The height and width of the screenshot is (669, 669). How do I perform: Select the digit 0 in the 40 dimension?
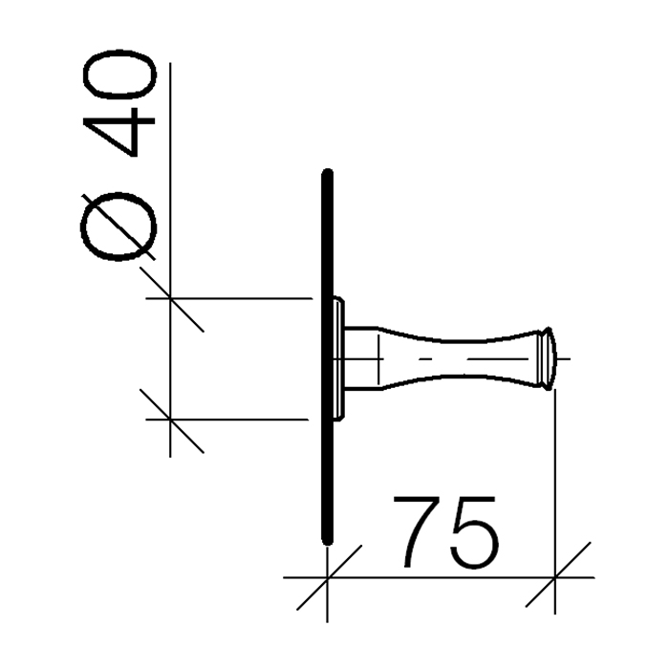pos(120,82)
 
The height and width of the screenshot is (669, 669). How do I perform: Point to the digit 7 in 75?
pos(421,530)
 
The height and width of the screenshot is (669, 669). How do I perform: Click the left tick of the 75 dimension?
pos(328,577)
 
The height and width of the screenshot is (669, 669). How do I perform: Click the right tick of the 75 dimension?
pos(555,577)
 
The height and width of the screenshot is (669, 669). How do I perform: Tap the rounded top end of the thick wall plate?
pos(328,176)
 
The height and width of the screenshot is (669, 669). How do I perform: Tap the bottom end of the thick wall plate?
pos(328,540)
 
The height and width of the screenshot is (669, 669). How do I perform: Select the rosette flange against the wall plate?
pos(337,358)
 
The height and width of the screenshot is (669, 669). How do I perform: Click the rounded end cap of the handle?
pos(547,358)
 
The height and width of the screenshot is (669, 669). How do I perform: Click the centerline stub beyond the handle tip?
pos(564,358)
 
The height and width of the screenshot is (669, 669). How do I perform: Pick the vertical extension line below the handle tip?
pos(555,478)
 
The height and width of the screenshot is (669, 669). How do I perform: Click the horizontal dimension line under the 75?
pos(440,577)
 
